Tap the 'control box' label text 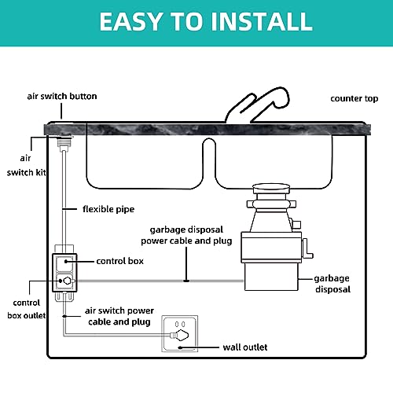point(120,260)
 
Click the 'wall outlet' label point(244,346)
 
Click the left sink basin point(145,161)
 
